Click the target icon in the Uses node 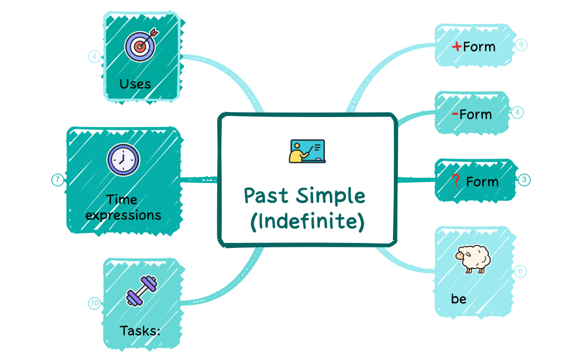click(x=141, y=46)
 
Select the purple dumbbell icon click(x=141, y=291)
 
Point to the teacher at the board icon click(x=307, y=151)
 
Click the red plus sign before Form click(x=457, y=47)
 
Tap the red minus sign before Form click(x=455, y=114)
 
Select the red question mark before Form click(x=456, y=181)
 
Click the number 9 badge click(x=521, y=45)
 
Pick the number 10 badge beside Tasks click(x=95, y=303)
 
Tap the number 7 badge click(x=57, y=180)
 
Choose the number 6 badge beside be click(x=520, y=271)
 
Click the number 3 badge click(x=524, y=180)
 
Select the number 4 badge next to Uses click(x=95, y=56)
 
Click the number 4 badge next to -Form click(x=517, y=113)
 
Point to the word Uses click(x=135, y=84)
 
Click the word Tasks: click(x=140, y=331)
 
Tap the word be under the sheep click(x=458, y=299)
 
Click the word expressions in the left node click(x=124, y=215)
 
